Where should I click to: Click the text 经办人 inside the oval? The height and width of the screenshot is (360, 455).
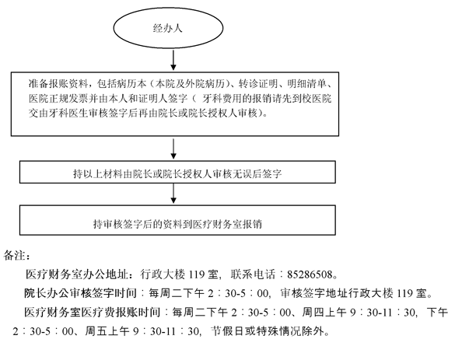pyautogui.click(x=168, y=28)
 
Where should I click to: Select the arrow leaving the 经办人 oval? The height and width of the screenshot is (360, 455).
pyautogui.click(x=173, y=60)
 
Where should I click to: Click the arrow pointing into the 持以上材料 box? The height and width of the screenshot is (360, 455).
pyautogui.click(x=173, y=149)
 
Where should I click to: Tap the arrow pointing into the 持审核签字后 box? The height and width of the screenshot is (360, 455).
pyautogui.click(x=173, y=194)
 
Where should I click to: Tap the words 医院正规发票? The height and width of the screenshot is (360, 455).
pyautogui.click(x=58, y=98)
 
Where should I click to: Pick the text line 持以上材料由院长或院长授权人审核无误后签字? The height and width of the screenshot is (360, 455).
pyautogui.click(x=177, y=173)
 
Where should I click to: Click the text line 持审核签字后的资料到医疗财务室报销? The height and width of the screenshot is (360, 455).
pyautogui.click(x=177, y=224)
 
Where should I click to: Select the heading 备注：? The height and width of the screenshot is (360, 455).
pyautogui.click(x=16, y=256)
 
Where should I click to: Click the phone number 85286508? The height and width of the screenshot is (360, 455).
pyautogui.click(x=310, y=274)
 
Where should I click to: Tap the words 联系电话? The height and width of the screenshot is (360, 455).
pyautogui.click(x=253, y=274)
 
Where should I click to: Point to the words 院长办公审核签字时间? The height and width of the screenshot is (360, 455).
pyautogui.click(x=80, y=293)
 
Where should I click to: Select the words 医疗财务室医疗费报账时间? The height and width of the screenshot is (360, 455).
pyautogui.click(x=93, y=312)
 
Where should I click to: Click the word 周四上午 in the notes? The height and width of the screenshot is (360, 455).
pyautogui.click(x=324, y=312)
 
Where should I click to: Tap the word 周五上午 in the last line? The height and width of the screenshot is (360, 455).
pyautogui.click(x=107, y=331)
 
